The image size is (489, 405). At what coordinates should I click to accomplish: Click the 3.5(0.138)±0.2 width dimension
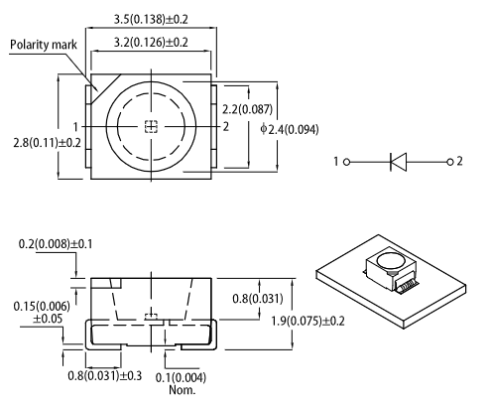click(x=151, y=19)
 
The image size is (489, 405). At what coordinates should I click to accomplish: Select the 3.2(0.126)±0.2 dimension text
click(x=151, y=43)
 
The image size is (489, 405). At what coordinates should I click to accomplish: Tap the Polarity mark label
click(x=44, y=45)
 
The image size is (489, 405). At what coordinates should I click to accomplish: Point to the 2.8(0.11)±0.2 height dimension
click(x=47, y=143)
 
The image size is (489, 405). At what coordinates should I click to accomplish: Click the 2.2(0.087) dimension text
click(x=247, y=109)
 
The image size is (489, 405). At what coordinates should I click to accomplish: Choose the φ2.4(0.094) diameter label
click(x=290, y=129)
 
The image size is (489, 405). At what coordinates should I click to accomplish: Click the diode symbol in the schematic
click(x=399, y=162)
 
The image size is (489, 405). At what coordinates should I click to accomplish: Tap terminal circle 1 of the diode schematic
click(x=346, y=162)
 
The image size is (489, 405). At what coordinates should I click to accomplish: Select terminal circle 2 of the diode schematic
click(x=449, y=162)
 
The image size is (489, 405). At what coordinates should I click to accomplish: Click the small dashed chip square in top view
click(x=151, y=127)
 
